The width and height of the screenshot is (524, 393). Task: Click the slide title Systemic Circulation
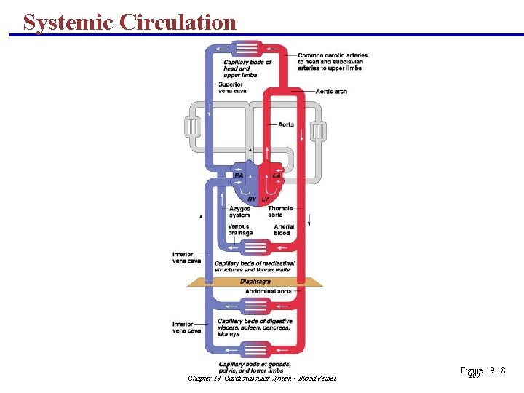(130, 22)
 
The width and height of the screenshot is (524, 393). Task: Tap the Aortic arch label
(331, 92)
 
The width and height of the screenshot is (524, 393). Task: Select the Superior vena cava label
(232, 87)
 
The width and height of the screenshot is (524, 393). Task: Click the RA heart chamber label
(239, 175)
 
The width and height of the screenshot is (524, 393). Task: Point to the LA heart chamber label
(276, 175)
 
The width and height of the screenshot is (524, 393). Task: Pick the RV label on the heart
(252, 199)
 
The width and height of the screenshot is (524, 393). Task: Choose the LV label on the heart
(265, 199)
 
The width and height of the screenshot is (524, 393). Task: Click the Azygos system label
(239, 212)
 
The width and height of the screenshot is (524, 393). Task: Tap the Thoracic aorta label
(280, 212)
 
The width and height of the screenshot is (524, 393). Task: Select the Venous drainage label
(239, 229)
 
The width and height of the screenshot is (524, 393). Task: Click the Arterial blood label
(284, 230)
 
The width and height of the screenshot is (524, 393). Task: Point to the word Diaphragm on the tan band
(255, 281)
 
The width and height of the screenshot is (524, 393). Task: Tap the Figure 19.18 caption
(483, 371)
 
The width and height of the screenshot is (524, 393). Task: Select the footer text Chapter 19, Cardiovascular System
(262, 378)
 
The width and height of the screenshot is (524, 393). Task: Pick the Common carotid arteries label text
(333, 62)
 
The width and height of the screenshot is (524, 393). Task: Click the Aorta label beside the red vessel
(286, 124)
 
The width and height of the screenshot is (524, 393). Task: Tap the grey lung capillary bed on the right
(318, 131)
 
